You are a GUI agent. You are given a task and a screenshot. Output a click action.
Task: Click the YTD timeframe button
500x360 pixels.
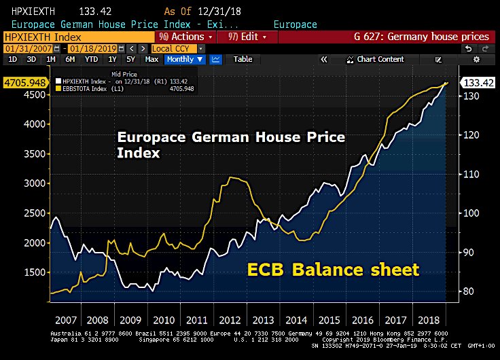coord(91,60)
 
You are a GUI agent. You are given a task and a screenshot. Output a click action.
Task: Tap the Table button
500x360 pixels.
coord(243,60)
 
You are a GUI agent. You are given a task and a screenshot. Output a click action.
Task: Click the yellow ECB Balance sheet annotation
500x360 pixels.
coord(333,270)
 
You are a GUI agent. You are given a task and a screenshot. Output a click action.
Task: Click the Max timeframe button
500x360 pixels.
coord(152,60)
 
